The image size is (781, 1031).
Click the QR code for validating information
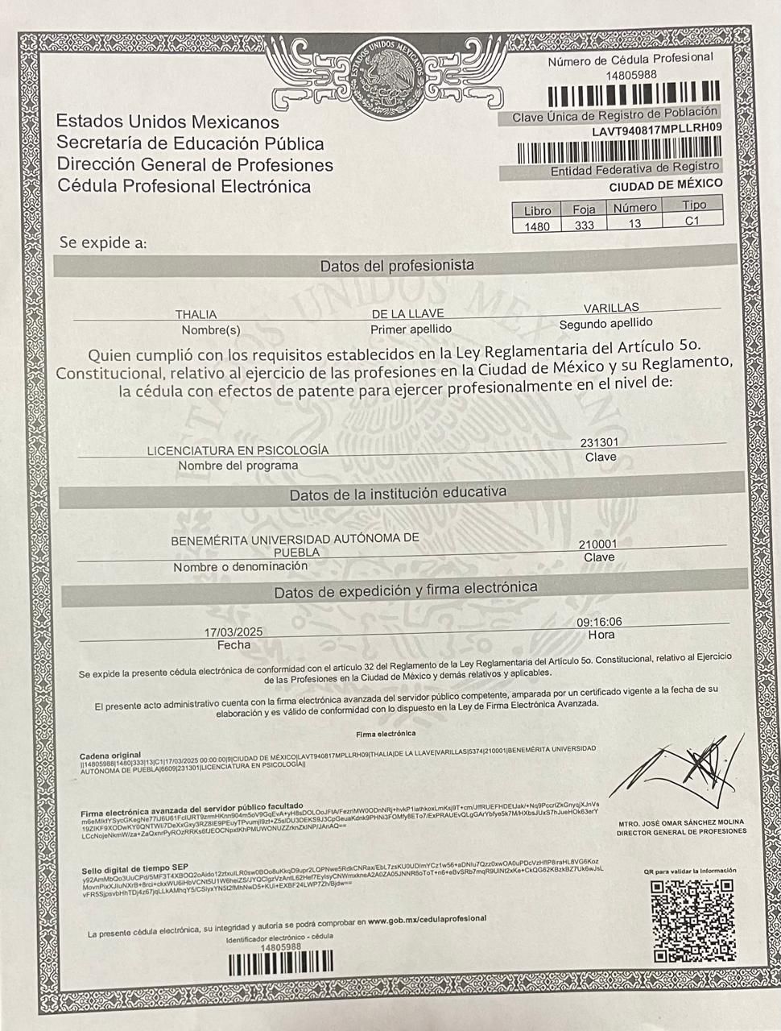click(x=692, y=920)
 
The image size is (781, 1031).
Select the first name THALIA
click(x=196, y=314)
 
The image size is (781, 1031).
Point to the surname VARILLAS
click(x=610, y=308)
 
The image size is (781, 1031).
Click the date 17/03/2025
click(x=233, y=631)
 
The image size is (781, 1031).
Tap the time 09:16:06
click(x=599, y=622)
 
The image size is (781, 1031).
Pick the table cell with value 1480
click(x=536, y=226)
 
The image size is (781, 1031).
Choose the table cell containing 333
click(x=584, y=225)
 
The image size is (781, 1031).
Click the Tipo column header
click(x=693, y=205)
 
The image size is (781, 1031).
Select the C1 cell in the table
click(x=692, y=221)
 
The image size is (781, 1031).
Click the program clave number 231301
click(x=599, y=442)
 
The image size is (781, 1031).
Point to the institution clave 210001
click(x=598, y=544)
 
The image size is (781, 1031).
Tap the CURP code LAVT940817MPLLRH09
click(x=656, y=130)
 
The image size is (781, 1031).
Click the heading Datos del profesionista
click(x=397, y=265)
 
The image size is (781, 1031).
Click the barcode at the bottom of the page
click(x=280, y=963)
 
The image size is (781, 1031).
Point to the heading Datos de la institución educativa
click(x=398, y=492)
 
